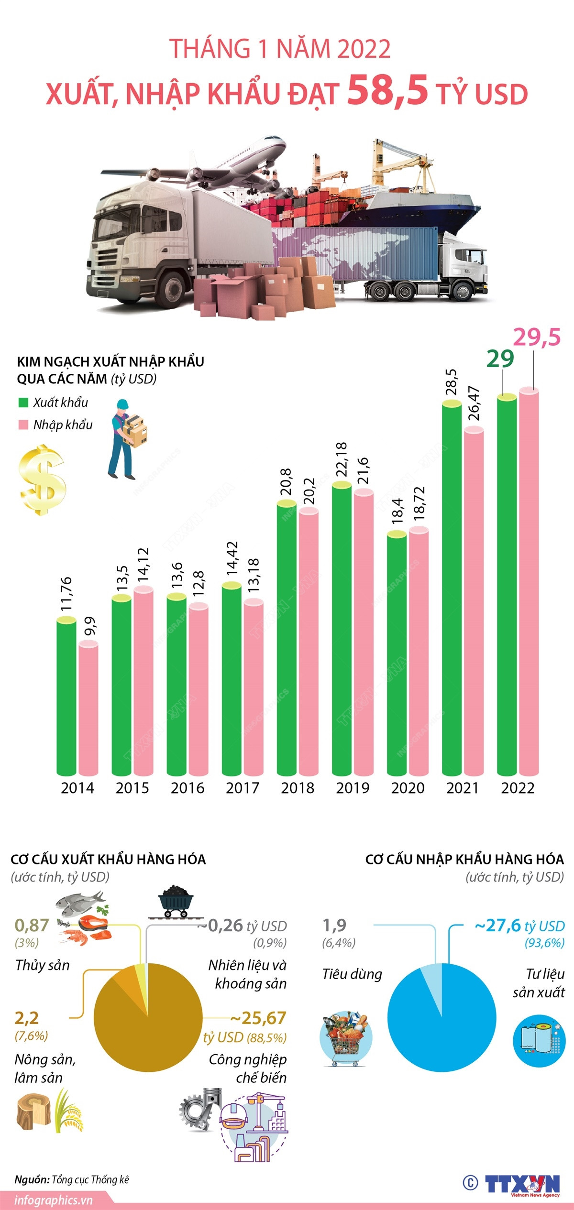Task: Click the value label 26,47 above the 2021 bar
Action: pyautogui.click(x=474, y=403)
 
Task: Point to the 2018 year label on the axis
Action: pyautogui.click(x=298, y=787)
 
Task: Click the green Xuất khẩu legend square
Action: pyautogui.click(x=23, y=403)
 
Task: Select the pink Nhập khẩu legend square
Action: pyautogui.click(x=23, y=425)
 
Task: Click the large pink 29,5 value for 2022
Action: pyautogui.click(x=537, y=338)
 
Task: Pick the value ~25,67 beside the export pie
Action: pyautogui.click(x=258, y=1018)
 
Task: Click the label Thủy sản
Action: pyautogui.click(x=42, y=965)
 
